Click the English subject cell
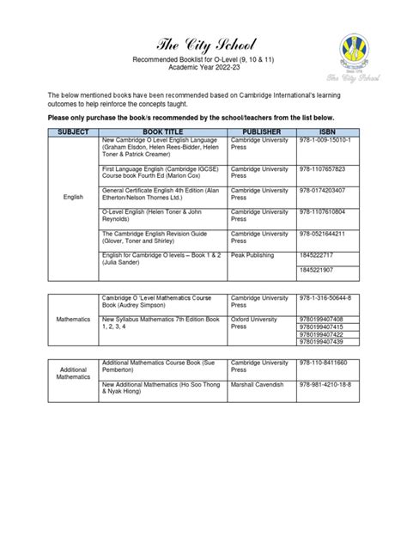pos(73,197)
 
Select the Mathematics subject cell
pos(73,319)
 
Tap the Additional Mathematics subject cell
pos(73,372)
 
